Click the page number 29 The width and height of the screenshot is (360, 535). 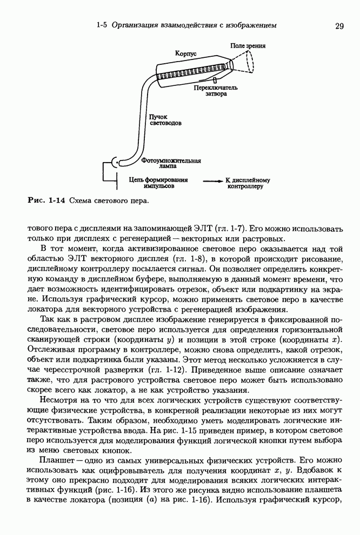pyautogui.click(x=339, y=25)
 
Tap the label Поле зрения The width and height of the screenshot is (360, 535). pyautogui.click(x=248, y=46)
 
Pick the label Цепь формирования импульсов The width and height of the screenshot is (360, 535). pyautogui.click(x=159, y=183)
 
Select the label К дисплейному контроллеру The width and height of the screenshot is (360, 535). pyautogui.click(x=248, y=183)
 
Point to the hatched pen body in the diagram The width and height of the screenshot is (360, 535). pyautogui.click(x=192, y=70)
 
